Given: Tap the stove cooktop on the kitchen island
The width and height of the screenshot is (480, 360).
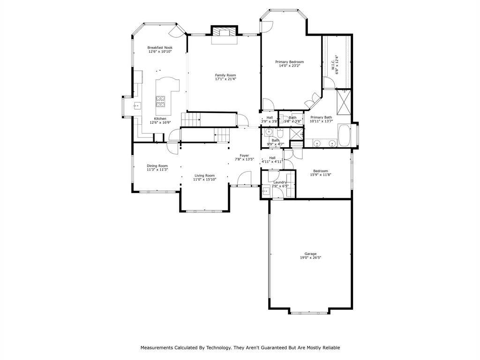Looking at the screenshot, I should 160,99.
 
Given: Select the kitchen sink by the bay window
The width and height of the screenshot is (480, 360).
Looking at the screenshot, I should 136,106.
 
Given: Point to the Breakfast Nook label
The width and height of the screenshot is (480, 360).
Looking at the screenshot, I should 160,47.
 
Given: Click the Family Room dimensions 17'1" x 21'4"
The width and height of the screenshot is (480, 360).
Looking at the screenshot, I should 225,79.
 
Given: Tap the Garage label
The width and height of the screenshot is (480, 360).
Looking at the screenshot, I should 310,254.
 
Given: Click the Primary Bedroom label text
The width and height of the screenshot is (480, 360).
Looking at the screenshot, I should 289,62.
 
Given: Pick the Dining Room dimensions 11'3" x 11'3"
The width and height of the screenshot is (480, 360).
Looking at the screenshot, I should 157,170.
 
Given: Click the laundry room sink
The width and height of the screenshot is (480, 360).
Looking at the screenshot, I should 266,190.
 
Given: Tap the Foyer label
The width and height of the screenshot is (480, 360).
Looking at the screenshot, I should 244,155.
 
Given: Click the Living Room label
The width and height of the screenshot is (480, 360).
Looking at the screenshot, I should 204,175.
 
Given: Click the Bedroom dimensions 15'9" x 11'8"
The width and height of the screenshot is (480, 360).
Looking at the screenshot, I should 321,175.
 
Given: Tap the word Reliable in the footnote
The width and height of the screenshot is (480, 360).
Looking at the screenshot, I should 329,348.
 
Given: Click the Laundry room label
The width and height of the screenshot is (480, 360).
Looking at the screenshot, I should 280,182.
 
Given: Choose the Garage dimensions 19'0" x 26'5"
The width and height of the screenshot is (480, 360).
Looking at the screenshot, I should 310,258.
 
